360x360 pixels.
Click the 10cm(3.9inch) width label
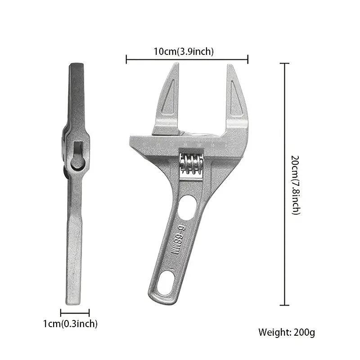coord(183,51)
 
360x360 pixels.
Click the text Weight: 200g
coord(287,333)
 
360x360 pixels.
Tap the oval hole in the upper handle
coord(186,208)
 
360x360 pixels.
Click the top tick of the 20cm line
coord(284,64)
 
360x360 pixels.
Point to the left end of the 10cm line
coord(126,58)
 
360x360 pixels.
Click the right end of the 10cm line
coord(248,58)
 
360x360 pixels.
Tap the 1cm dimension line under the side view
coord(75,313)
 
